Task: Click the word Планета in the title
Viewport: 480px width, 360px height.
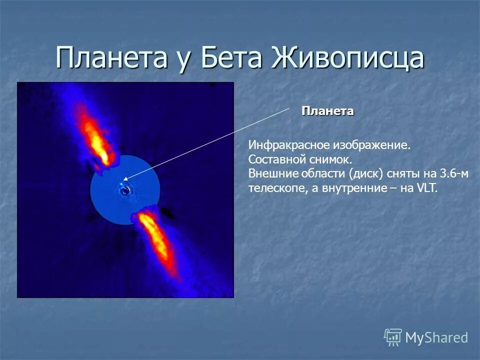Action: [x=111, y=57]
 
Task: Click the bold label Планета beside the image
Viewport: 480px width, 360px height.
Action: [x=327, y=111]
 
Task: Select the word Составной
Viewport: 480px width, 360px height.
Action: [x=277, y=159]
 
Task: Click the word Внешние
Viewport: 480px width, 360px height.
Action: [x=273, y=173]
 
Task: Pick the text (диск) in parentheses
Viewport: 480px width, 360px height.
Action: [x=366, y=174]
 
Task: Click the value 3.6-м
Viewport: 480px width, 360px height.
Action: [x=454, y=173]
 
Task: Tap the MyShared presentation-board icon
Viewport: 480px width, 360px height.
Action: [x=393, y=337]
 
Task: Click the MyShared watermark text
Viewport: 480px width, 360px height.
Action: [x=436, y=338]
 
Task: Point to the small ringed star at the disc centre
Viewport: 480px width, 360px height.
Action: [x=125, y=191]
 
